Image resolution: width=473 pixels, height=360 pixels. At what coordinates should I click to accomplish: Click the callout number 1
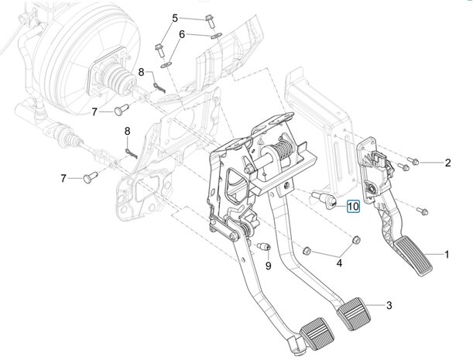[447, 254]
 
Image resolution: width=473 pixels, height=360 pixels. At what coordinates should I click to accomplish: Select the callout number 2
[447, 163]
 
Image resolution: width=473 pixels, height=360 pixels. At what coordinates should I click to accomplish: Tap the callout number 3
[389, 305]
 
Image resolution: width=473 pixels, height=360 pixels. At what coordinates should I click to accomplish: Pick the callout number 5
[175, 18]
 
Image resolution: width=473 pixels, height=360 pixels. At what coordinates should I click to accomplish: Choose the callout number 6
[182, 35]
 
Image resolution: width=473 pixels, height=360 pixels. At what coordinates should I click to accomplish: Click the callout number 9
[268, 266]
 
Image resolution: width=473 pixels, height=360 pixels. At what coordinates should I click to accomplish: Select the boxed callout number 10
[352, 206]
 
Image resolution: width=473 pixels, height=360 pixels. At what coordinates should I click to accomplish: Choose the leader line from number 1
[429, 254]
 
